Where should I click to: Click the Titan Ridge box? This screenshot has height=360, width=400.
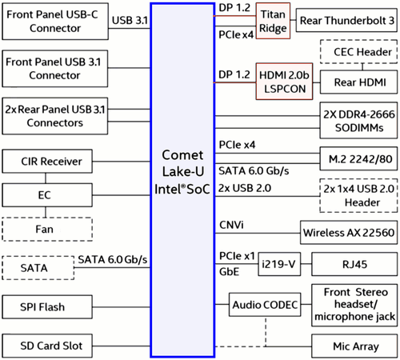274,19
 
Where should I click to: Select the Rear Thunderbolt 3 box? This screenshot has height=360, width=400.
347,19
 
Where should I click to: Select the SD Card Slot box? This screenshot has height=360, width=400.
52,346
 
